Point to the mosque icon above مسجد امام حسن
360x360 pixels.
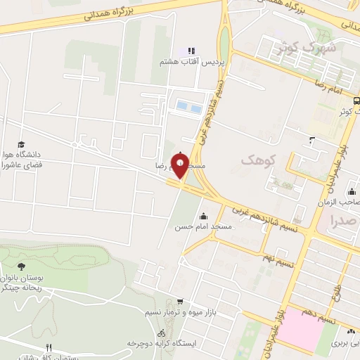pyautogui.click(x=204, y=217)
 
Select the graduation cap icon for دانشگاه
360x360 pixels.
pyautogui.click(x=21, y=143)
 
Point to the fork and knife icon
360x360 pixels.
pyautogui.click(x=49, y=347)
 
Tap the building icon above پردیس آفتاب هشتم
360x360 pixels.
pyautogui.click(x=189, y=51)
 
